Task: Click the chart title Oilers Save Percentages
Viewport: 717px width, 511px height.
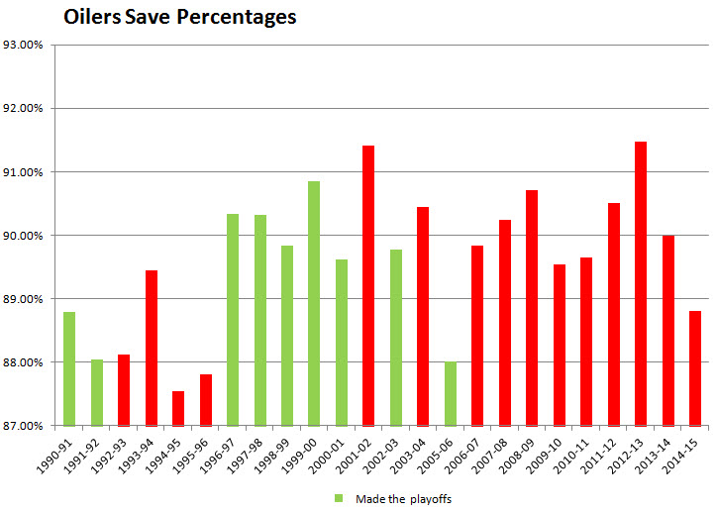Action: pyautogui.click(x=179, y=18)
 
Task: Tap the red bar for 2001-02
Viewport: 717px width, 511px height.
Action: pyautogui.click(x=368, y=286)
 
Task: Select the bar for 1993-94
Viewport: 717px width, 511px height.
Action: pyautogui.click(x=152, y=348)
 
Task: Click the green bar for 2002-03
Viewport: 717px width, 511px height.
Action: pyautogui.click(x=396, y=338)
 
